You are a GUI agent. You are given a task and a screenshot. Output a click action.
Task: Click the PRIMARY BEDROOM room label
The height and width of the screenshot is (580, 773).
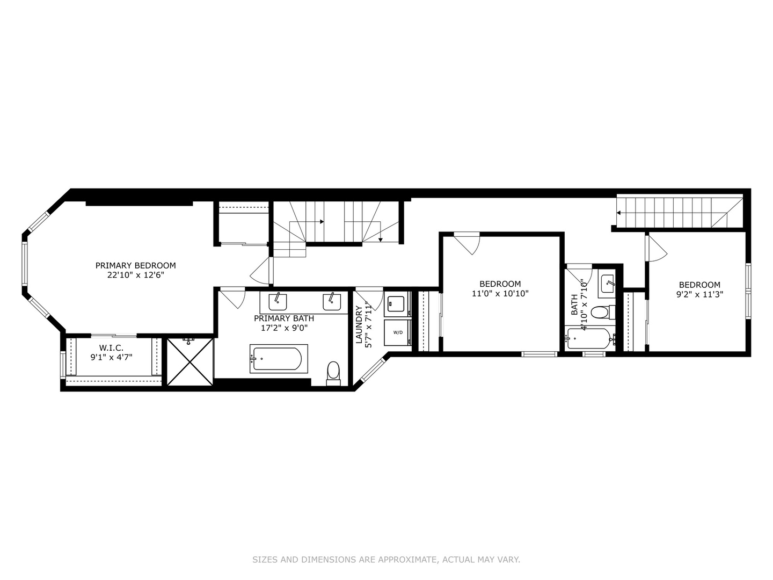pyautogui.click(x=135, y=265)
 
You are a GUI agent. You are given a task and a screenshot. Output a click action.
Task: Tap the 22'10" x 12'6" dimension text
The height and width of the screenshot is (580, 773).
pyautogui.click(x=135, y=275)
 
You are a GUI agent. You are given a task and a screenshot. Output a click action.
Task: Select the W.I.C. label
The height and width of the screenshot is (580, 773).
pyautogui.click(x=111, y=348)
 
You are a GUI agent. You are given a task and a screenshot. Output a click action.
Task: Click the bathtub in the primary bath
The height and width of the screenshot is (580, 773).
pyautogui.click(x=278, y=359)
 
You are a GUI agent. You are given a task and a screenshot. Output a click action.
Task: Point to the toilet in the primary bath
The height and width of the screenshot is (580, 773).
pyautogui.click(x=333, y=372)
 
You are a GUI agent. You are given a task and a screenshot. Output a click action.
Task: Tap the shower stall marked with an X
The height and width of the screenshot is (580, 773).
pyautogui.click(x=190, y=361)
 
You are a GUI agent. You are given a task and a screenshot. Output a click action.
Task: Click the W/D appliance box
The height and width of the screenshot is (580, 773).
pyautogui.click(x=397, y=332)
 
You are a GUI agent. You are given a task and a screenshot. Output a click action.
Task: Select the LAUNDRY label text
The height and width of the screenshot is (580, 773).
pyautogui.click(x=359, y=324)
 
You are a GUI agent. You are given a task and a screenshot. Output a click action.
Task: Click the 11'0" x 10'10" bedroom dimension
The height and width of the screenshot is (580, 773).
pyautogui.click(x=500, y=294)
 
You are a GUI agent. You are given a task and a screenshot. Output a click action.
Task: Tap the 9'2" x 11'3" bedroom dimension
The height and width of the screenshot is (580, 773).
pyautogui.click(x=699, y=294)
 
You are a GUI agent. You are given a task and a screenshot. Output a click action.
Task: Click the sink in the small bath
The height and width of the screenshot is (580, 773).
pyautogui.click(x=608, y=283)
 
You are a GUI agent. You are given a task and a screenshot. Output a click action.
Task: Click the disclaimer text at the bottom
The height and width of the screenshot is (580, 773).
pyautogui.click(x=386, y=560)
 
